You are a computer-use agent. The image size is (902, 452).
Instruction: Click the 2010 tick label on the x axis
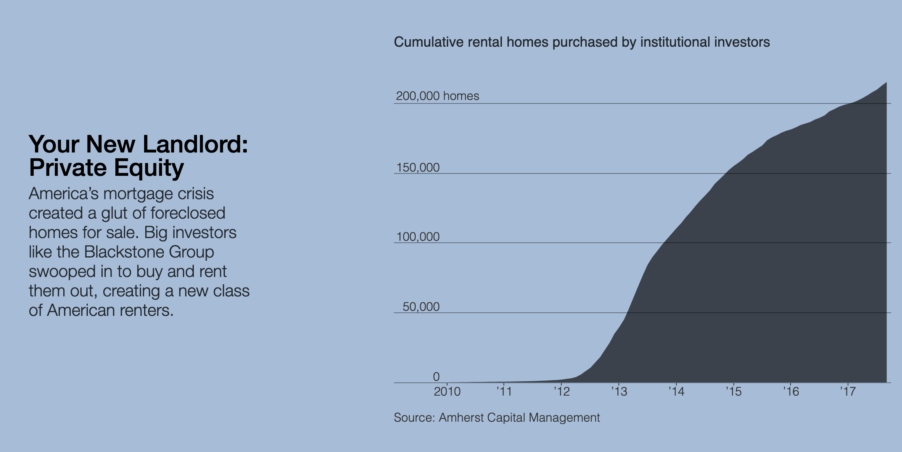447,391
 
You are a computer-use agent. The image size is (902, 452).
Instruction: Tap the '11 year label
504,391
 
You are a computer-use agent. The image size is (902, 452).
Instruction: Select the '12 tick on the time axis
562,391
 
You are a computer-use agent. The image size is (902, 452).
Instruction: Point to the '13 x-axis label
619,391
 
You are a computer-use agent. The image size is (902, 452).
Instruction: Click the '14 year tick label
676,391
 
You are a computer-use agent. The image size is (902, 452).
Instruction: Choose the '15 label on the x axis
734,391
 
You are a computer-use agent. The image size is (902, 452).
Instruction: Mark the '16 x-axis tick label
791,391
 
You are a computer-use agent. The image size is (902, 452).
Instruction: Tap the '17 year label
848,391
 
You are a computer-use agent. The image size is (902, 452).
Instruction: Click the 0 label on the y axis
436,377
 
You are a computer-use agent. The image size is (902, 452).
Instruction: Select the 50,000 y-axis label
421,307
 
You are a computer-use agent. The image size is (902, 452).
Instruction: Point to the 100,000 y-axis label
418,237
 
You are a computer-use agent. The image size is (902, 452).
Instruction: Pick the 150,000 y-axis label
418,168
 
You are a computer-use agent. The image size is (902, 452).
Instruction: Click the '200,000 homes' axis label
437,96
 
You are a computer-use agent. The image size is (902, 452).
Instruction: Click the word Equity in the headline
149,168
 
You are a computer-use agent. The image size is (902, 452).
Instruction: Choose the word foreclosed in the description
188,213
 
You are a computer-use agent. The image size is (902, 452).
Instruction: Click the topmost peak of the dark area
886,83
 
